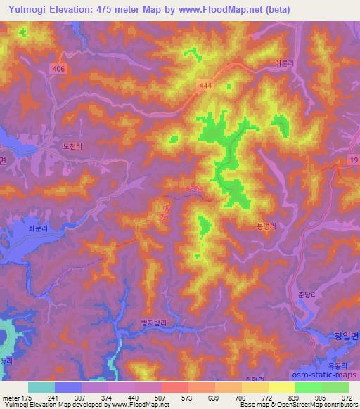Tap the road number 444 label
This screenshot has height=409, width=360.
[224, 85]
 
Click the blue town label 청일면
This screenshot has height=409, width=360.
[342, 336]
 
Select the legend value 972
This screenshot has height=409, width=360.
[347, 398]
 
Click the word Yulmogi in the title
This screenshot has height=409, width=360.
[26, 8]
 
